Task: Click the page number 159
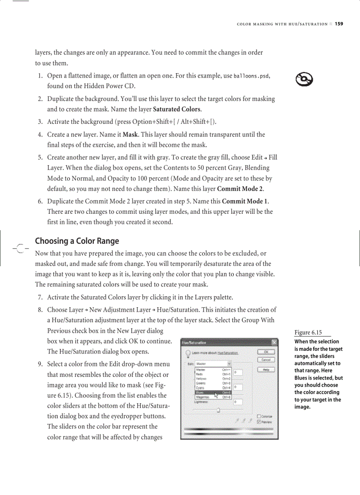338,24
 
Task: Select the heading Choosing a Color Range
77,241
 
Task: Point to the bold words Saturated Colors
176,109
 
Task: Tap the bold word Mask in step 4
129,134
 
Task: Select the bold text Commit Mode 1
245,201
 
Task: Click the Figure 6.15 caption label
308,333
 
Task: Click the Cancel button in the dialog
266,360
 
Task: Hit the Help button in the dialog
266,369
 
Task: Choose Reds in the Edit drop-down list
200,374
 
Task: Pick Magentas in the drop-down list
203,397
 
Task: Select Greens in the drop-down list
201,383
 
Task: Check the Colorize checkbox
259,416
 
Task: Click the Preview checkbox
259,422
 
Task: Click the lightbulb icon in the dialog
187,353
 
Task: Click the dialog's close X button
274,342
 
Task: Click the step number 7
40,298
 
